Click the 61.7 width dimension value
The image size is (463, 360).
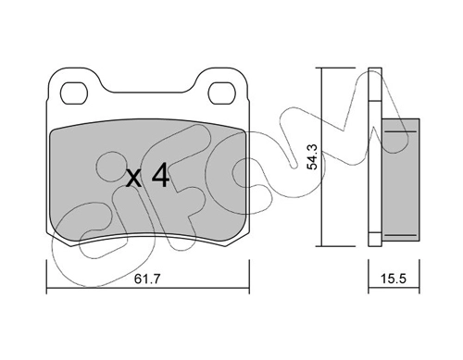click(x=147, y=279)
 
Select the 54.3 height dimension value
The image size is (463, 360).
click(x=313, y=157)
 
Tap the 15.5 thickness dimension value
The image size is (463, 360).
click(x=394, y=279)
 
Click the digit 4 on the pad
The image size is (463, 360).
click(x=160, y=176)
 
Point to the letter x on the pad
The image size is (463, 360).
click(x=134, y=179)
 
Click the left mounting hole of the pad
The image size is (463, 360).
click(x=74, y=93)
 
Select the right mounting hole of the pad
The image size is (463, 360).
click(x=222, y=93)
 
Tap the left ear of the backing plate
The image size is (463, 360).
click(x=74, y=83)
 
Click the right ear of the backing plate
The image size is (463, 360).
click(x=221, y=83)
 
